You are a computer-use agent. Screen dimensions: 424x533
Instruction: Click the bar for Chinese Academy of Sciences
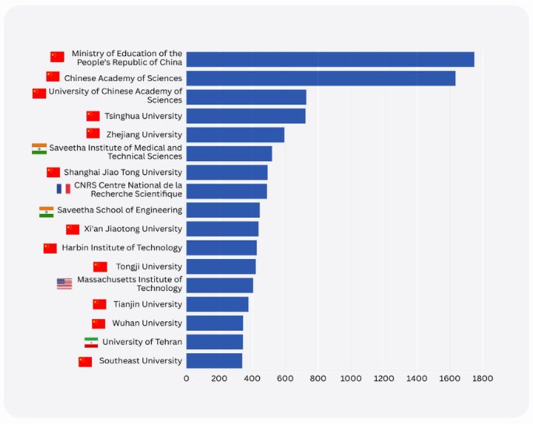coord(321,78)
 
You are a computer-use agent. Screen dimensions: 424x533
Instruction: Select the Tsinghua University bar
coord(246,116)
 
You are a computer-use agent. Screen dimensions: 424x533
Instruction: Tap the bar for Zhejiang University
coord(235,135)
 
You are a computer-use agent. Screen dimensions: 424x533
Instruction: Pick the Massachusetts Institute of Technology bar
coord(219,285)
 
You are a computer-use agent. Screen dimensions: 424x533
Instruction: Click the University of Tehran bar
coord(215,342)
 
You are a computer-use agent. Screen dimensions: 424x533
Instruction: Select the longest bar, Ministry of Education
coord(330,59)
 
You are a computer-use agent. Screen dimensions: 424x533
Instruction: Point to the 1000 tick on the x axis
coord(351,379)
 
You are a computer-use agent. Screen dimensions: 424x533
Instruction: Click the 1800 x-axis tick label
coord(482,379)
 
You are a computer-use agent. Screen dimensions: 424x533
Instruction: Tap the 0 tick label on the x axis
coord(186,379)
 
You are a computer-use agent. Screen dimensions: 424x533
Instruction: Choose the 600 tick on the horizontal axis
coord(285,379)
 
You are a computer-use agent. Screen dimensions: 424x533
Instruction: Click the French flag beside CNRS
coord(63,188)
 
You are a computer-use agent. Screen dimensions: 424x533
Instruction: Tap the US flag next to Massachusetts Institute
coord(65,284)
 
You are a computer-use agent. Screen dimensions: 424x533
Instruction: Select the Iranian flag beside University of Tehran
coord(91,342)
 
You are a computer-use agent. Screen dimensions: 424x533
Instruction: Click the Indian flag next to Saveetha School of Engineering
coord(47,211)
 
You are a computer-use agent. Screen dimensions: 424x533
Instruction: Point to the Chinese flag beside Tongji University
coord(100,267)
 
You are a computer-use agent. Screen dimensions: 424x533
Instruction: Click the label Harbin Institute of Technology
coord(121,247)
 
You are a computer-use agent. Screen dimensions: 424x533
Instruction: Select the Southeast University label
coord(140,360)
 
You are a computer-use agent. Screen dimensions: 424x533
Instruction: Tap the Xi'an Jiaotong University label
coord(132,229)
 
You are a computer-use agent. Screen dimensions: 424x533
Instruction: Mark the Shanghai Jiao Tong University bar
coord(226,172)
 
